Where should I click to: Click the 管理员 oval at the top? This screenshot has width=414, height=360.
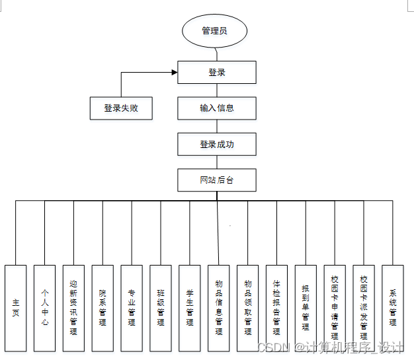click(215, 30)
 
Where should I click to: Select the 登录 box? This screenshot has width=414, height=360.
click(217, 73)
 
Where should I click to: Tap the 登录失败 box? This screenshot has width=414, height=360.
click(121, 108)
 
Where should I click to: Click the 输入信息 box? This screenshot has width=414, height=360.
click(217, 108)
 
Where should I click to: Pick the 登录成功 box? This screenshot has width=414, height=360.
click(217, 144)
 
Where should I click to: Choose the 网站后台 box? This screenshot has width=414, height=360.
click(217, 180)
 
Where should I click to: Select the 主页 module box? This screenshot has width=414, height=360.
click(16, 307)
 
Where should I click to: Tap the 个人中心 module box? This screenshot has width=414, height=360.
click(45, 307)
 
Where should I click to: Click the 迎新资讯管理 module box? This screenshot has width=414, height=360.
click(73, 307)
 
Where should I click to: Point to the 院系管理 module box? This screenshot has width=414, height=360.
click(103, 307)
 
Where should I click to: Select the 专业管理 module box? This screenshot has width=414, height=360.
click(132, 307)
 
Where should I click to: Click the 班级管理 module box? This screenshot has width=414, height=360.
click(161, 307)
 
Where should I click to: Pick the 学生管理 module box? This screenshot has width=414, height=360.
click(190, 307)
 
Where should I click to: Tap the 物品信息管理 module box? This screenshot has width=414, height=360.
click(219, 307)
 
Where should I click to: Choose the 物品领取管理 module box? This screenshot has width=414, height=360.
click(248, 307)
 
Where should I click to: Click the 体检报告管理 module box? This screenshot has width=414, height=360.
click(277, 307)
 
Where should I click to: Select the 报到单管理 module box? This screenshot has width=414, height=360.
click(306, 307)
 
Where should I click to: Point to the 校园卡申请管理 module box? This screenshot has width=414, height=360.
click(335, 307)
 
